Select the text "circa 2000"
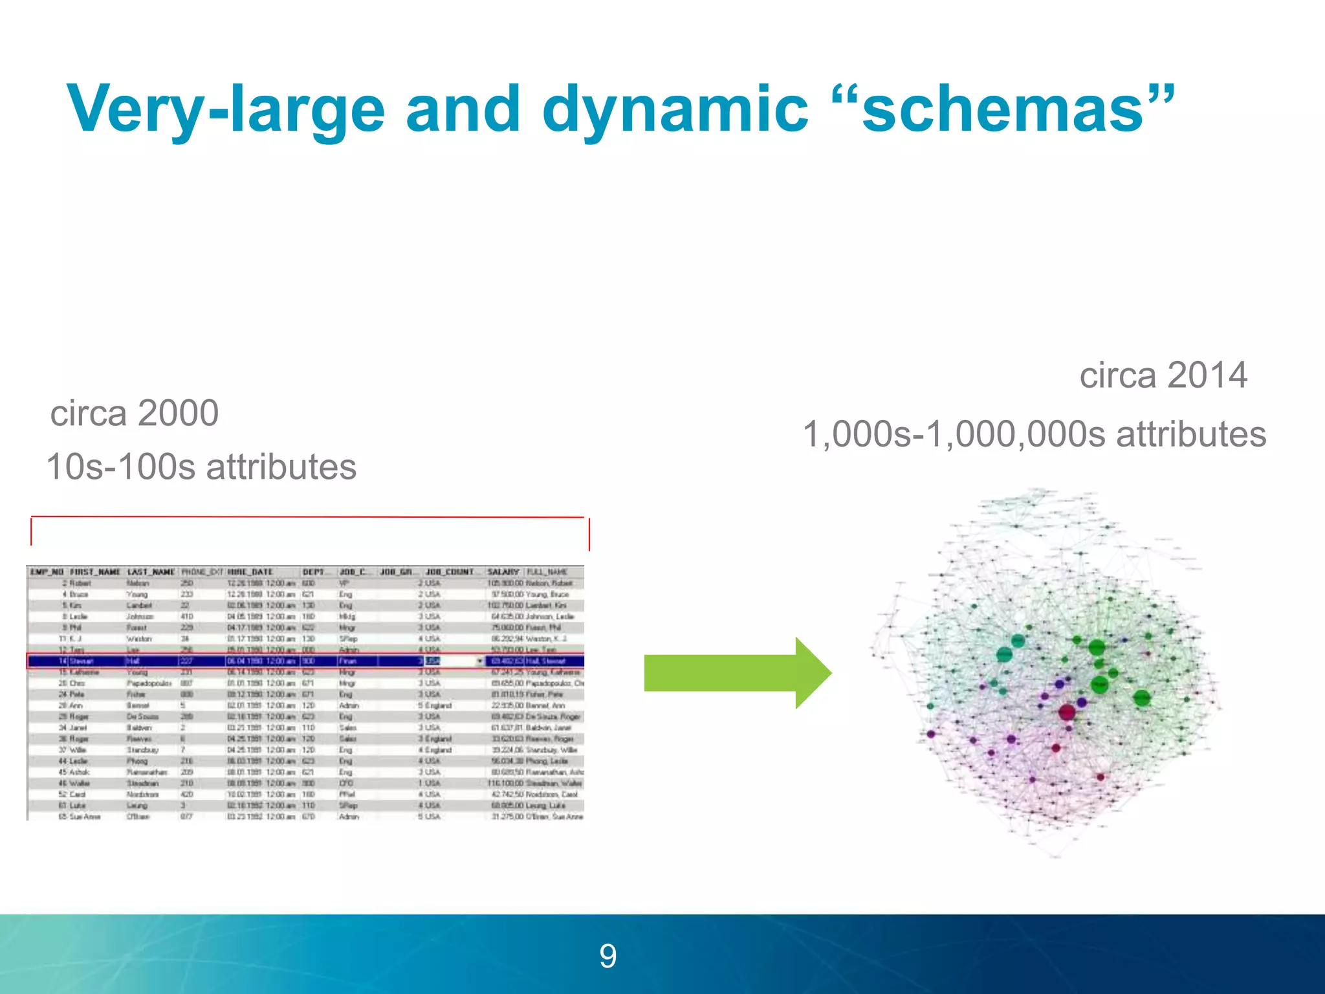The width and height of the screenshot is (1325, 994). tap(135, 414)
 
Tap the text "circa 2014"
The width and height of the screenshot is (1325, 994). tap(1163, 375)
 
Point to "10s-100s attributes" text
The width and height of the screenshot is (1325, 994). tap(201, 467)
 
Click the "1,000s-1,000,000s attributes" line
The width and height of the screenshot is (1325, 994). tap(1034, 434)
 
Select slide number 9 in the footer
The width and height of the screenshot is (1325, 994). tap(608, 956)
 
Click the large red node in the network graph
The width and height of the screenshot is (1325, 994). tap(1067, 712)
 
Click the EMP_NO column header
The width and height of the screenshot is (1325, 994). tap(47, 572)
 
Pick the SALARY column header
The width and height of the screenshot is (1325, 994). tap(503, 572)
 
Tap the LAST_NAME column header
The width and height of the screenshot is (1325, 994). tap(151, 572)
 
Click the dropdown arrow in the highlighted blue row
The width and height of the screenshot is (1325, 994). tap(480, 661)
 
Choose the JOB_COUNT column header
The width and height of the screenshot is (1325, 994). tap(450, 572)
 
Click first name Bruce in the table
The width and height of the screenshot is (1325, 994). tap(79, 594)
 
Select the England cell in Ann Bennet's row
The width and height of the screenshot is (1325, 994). tap(438, 705)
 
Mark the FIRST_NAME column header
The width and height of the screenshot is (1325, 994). tap(95, 572)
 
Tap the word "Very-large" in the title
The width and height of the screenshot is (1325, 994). tap(226, 110)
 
